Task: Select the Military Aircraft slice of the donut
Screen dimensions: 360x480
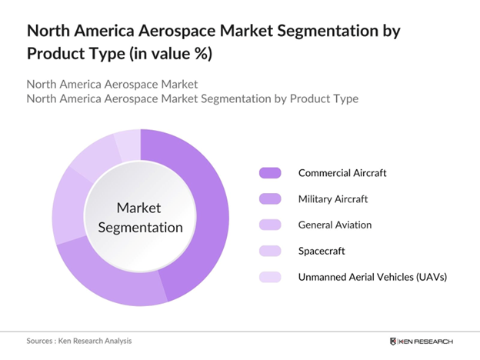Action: point(115,283)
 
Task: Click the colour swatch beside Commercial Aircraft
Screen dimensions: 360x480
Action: point(271,173)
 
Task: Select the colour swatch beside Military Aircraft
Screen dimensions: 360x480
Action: point(271,199)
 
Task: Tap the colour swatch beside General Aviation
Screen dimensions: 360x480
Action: point(271,225)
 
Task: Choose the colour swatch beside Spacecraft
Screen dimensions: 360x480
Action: point(271,251)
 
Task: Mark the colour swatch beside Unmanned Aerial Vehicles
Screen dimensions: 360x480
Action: point(271,277)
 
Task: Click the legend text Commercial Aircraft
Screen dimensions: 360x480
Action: point(342,173)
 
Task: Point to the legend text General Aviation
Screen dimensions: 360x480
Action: point(335,225)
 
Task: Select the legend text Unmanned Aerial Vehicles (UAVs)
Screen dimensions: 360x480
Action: point(372,277)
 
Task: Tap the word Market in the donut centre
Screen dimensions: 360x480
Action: point(140,208)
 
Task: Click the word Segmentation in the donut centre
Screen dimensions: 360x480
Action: point(140,227)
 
